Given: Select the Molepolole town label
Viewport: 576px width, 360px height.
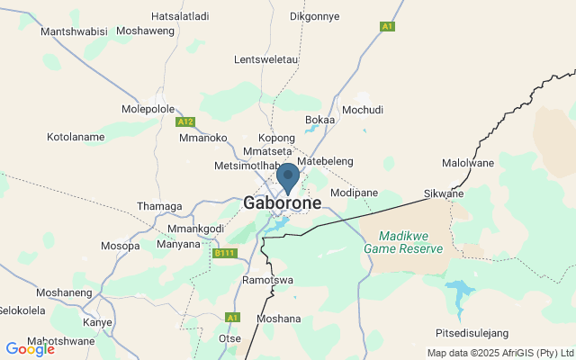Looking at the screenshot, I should (x=148, y=109).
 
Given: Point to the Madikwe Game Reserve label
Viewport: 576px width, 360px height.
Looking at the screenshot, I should (x=403, y=241).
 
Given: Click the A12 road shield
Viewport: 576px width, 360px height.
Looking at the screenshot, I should (x=185, y=121).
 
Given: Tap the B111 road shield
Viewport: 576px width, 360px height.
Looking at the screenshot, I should (x=224, y=254).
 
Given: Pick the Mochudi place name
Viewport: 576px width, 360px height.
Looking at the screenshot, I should (x=363, y=110).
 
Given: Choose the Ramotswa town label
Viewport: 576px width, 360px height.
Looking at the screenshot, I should (x=268, y=280).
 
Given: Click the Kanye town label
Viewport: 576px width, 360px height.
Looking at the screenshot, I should (x=97, y=321).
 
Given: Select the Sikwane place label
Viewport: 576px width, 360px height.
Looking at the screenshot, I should (x=444, y=193).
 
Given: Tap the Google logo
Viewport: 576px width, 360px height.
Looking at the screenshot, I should (x=30, y=349).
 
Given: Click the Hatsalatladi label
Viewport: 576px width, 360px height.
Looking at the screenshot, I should (x=180, y=16).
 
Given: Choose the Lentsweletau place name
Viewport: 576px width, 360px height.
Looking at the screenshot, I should (x=265, y=59).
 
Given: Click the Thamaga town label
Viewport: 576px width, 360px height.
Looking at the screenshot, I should (x=158, y=205).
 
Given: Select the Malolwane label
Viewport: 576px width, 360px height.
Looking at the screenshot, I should (x=468, y=163).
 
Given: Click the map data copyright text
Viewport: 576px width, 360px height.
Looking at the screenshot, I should (x=499, y=352).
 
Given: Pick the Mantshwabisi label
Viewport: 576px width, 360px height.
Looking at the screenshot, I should (x=75, y=31).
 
